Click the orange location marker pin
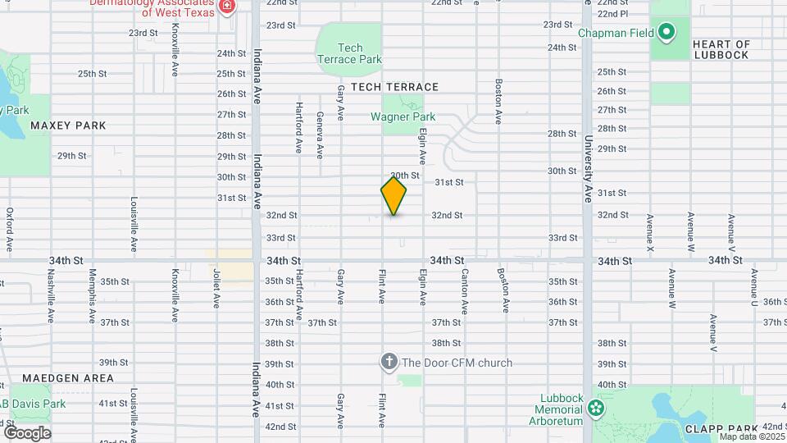(393, 195)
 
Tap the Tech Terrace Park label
(349, 54)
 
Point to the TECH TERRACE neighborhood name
(395, 87)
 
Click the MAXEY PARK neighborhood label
(68, 126)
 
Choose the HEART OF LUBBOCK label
(721, 49)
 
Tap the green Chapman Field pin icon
(666, 34)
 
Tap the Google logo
(27, 432)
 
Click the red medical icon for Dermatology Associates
(227, 7)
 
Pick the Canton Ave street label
(465, 291)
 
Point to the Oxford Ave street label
(10, 228)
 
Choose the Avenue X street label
(649, 232)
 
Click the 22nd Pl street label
(612, 14)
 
